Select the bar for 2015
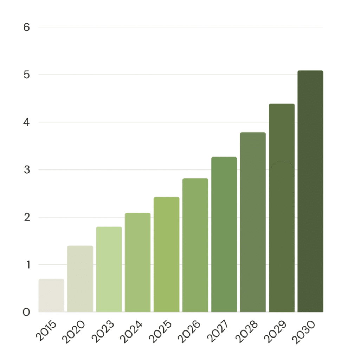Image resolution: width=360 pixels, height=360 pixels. tap(51, 295)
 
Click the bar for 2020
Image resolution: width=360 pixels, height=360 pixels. tap(80, 279)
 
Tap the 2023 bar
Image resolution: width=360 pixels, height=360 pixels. tap(109, 269)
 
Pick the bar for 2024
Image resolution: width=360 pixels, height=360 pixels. tap(138, 262)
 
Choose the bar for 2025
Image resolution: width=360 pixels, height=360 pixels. tap(166, 255)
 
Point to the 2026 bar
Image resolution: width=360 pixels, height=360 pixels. tap(195, 245)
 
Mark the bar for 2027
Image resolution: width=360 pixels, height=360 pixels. tap(224, 234)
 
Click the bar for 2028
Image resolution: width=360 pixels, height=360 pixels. tap(253, 222)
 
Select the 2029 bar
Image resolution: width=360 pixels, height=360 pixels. tap(282, 208)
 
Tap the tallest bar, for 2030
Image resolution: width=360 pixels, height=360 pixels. tap(310, 191)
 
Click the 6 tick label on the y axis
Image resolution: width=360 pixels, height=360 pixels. tap(27, 27)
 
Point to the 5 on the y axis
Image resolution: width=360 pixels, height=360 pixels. tap(27, 75)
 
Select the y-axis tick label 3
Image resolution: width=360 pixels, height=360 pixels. tap(27, 170)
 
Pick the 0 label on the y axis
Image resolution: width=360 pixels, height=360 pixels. tap(26, 312)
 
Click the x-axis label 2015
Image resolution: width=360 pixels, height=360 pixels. tap(46, 330)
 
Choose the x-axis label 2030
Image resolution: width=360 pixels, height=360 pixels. tap(304, 332)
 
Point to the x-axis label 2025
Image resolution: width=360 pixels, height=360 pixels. tap(160, 332)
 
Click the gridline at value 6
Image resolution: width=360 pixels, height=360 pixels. tap(181, 27)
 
